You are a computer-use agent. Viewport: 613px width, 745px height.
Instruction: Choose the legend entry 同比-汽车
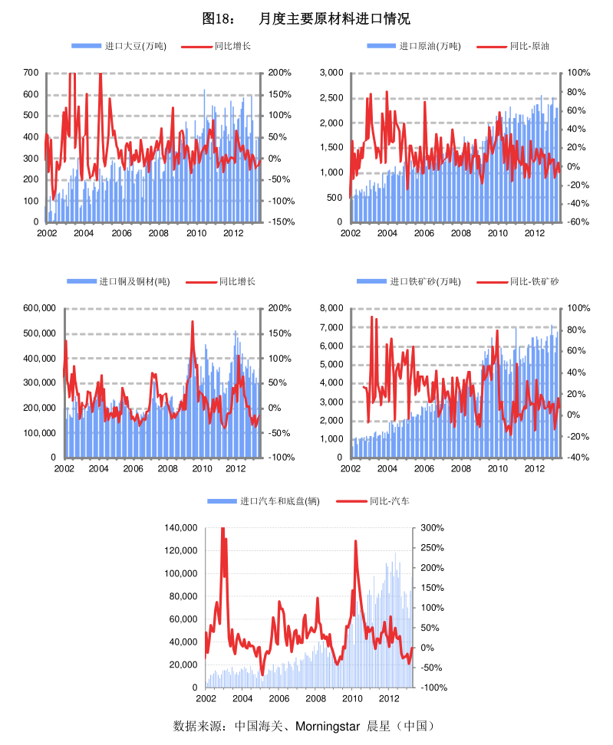pyautogui.click(x=389, y=500)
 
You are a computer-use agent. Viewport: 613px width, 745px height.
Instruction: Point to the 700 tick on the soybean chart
pyautogui.click(x=31, y=73)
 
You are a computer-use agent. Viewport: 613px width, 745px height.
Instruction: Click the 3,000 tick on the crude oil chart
pyautogui.click(x=331, y=73)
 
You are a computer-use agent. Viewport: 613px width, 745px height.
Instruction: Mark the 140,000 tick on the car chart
pyautogui.click(x=180, y=528)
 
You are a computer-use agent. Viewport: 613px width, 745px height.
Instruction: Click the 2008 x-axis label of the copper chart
pyautogui.click(x=170, y=468)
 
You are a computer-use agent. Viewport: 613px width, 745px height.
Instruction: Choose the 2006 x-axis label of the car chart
pyautogui.click(x=278, y=699)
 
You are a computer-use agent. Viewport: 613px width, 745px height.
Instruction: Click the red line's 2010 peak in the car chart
pyautogui.click(x=355, y=541)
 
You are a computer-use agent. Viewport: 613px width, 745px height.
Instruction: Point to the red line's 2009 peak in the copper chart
pyautogui.click(x=192, y=322)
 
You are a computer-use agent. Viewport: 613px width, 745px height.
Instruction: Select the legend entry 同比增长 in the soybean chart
pyautogui.click(x=231, y=46)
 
